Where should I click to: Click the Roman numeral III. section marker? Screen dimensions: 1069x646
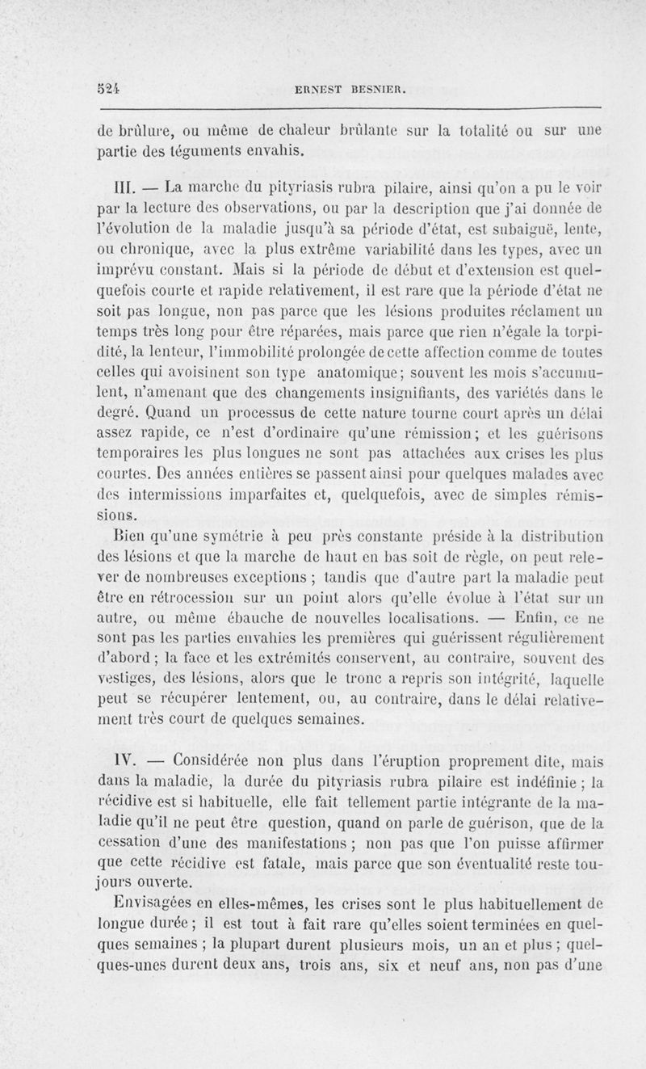point(128,190)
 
